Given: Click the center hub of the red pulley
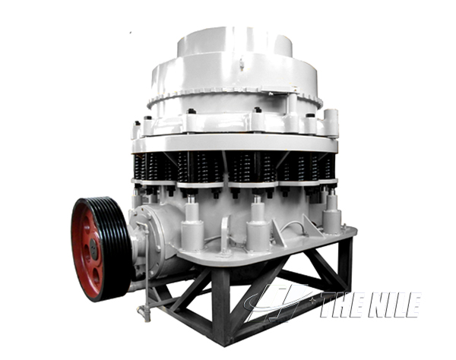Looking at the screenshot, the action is (x=93, y=249).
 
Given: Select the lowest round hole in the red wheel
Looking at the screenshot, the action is (x=96, y=276).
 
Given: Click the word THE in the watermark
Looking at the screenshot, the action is (x=341, y=305).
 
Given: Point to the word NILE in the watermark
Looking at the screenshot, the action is (x=394, y=305).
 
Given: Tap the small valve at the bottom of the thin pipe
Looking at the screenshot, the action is (x=144, y=313).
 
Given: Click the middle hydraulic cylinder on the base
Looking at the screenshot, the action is (x=258, y=226).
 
